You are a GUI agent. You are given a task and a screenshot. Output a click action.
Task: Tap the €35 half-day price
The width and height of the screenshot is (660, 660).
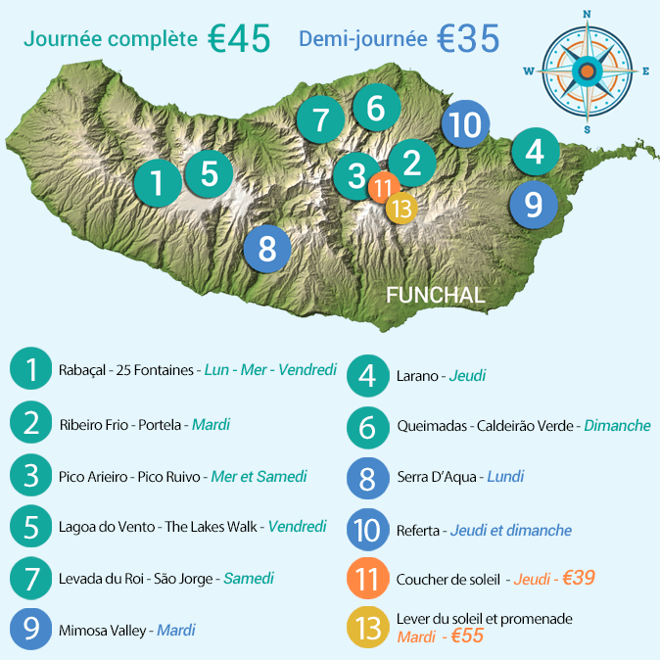pyautogui.click(x=468, y=39)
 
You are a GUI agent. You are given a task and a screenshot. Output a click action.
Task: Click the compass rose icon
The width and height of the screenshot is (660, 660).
pyautogui.click(x=587, y=71)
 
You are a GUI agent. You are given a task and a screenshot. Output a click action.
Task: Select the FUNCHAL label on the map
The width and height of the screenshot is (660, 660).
pyautogui.click(x=435, y=295)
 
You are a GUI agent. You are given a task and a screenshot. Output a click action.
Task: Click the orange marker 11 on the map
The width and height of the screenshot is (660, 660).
pyautogui.click(x=383, y=187)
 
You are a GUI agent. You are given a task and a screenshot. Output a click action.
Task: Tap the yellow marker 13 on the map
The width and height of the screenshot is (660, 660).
pyautogui.click(x=401, y=208)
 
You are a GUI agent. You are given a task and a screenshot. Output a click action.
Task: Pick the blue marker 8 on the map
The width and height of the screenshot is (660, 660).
pyautogui.click(x=267, y=248)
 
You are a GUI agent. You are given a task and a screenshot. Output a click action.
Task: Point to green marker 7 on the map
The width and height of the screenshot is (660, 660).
pyautogui.click(x=321, y=120)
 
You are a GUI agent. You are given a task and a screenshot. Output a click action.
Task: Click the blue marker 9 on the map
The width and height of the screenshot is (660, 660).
pyautogui.click(x=533, y=204)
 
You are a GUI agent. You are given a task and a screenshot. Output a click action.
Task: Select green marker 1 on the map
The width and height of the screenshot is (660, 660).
pyautogui.click(x=158, y=182)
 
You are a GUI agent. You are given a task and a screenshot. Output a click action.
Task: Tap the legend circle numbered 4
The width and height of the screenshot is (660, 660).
pyautogui.click(x=368, y=375)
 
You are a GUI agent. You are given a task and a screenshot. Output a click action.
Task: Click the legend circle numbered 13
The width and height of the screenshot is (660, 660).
pyautogui.click(x=368, y=628)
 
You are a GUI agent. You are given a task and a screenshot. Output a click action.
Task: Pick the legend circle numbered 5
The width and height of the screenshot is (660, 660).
pyautogui.click(x=31, y=527)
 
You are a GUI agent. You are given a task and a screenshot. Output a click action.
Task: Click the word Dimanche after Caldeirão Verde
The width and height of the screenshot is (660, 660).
pyautogui.click(x=617, y=426)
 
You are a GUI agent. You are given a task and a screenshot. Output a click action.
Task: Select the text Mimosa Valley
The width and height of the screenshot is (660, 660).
pyautogui.click(x=103, y=630)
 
